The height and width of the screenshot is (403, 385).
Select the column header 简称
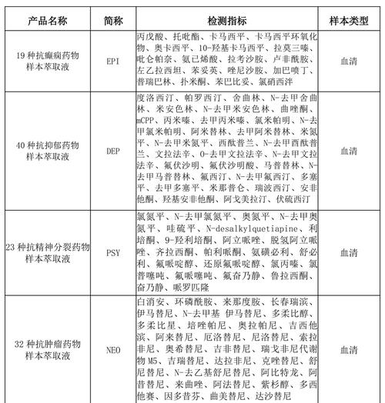(113, 15)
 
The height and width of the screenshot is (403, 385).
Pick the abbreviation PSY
(113, 251)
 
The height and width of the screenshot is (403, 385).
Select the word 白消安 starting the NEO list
(151, 301)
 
